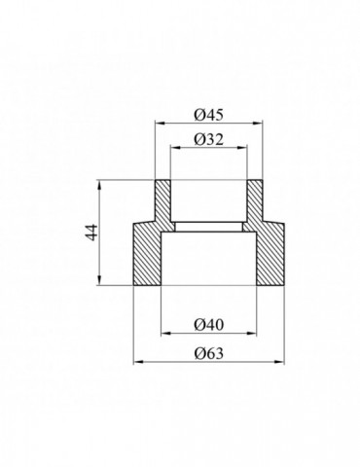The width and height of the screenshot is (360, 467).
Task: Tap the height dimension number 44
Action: tap(90, 233)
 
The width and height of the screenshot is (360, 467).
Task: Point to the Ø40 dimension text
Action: tap(208, 321)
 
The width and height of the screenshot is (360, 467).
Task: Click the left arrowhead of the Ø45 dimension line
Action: tap(158, 122)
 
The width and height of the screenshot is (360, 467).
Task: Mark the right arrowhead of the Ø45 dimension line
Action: tap(261, 122)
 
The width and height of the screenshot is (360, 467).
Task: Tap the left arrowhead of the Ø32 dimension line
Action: tap(173, 148)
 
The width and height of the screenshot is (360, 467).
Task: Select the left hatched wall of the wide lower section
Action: tap(146, 255)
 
